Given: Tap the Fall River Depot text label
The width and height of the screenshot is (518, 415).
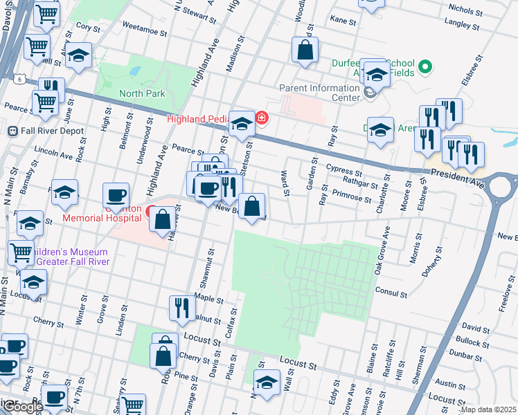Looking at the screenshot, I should [51, 131].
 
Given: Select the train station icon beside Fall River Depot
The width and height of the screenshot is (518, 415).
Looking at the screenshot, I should [12, 131].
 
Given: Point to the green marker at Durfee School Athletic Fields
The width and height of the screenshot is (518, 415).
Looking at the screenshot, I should [425, 67].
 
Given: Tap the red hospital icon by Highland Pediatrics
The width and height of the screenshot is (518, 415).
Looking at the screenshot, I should [262, 118].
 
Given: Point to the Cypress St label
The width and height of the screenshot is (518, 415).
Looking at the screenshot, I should [344, 169].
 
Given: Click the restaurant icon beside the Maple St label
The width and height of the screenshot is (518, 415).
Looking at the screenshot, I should [181, 308].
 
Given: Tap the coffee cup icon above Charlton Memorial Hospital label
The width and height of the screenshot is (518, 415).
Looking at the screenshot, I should [116, 195].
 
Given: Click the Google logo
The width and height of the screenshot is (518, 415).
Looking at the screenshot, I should [22, 407].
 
